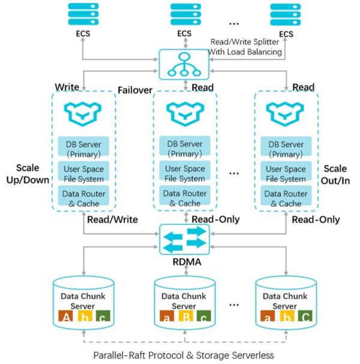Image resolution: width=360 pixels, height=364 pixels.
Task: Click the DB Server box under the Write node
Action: click(84, 148)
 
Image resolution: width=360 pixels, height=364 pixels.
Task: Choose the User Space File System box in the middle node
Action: click(185, 173)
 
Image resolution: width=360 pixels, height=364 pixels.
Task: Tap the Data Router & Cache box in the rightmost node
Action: click(286, 198)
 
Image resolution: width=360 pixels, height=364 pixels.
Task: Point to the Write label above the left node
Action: click(67, 87)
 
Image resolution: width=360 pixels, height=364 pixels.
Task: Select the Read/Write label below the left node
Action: click(112, 219)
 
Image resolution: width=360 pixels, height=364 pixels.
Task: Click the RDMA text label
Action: click(182, 262)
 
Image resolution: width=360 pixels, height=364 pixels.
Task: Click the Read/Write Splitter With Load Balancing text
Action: click(246, 47)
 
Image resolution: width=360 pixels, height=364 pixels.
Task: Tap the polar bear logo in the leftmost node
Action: click(84, 112)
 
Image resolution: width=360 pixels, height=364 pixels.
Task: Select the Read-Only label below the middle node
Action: click(216, 219)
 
